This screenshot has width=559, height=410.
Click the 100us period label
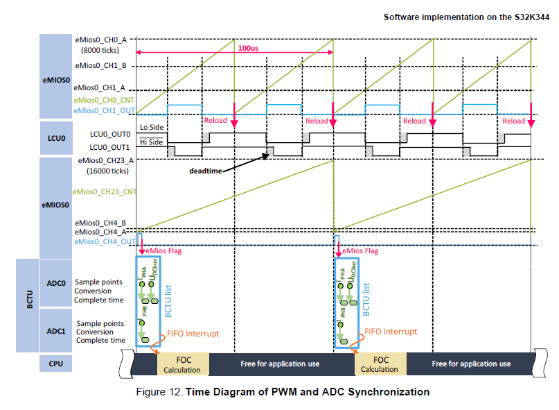coord(249,49)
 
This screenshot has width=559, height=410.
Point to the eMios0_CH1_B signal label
coord(105,67)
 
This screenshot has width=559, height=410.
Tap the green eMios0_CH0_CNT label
coord(105,101)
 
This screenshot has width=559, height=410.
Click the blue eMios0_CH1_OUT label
coord(105,110)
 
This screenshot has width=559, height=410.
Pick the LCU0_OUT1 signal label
coord(108,146)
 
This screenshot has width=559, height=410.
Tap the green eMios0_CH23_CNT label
coord(104,191)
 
